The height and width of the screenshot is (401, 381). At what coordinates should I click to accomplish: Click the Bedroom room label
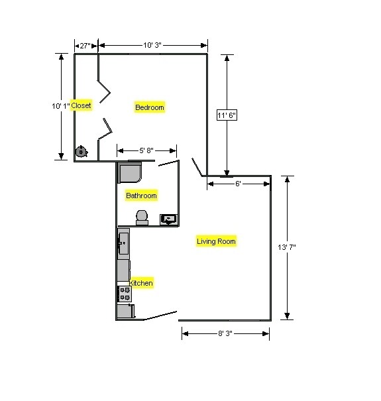pos(150,107)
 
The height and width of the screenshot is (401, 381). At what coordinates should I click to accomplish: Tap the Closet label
pos(81,105)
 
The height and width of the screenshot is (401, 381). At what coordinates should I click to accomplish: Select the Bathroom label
pos(141,196)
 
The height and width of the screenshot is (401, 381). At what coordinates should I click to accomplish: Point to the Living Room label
pos(216,241)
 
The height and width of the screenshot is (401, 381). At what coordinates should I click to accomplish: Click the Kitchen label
pos(140,283)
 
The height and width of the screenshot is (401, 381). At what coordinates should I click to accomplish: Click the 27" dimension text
pos(85,46)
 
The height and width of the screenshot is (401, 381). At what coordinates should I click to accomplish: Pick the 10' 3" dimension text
pos(152,45)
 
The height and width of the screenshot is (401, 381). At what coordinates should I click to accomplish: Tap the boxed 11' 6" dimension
pos(227,115)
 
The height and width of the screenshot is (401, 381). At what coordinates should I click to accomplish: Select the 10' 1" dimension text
pos(60,106)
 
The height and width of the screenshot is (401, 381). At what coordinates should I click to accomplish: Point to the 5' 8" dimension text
pos(146,150)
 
